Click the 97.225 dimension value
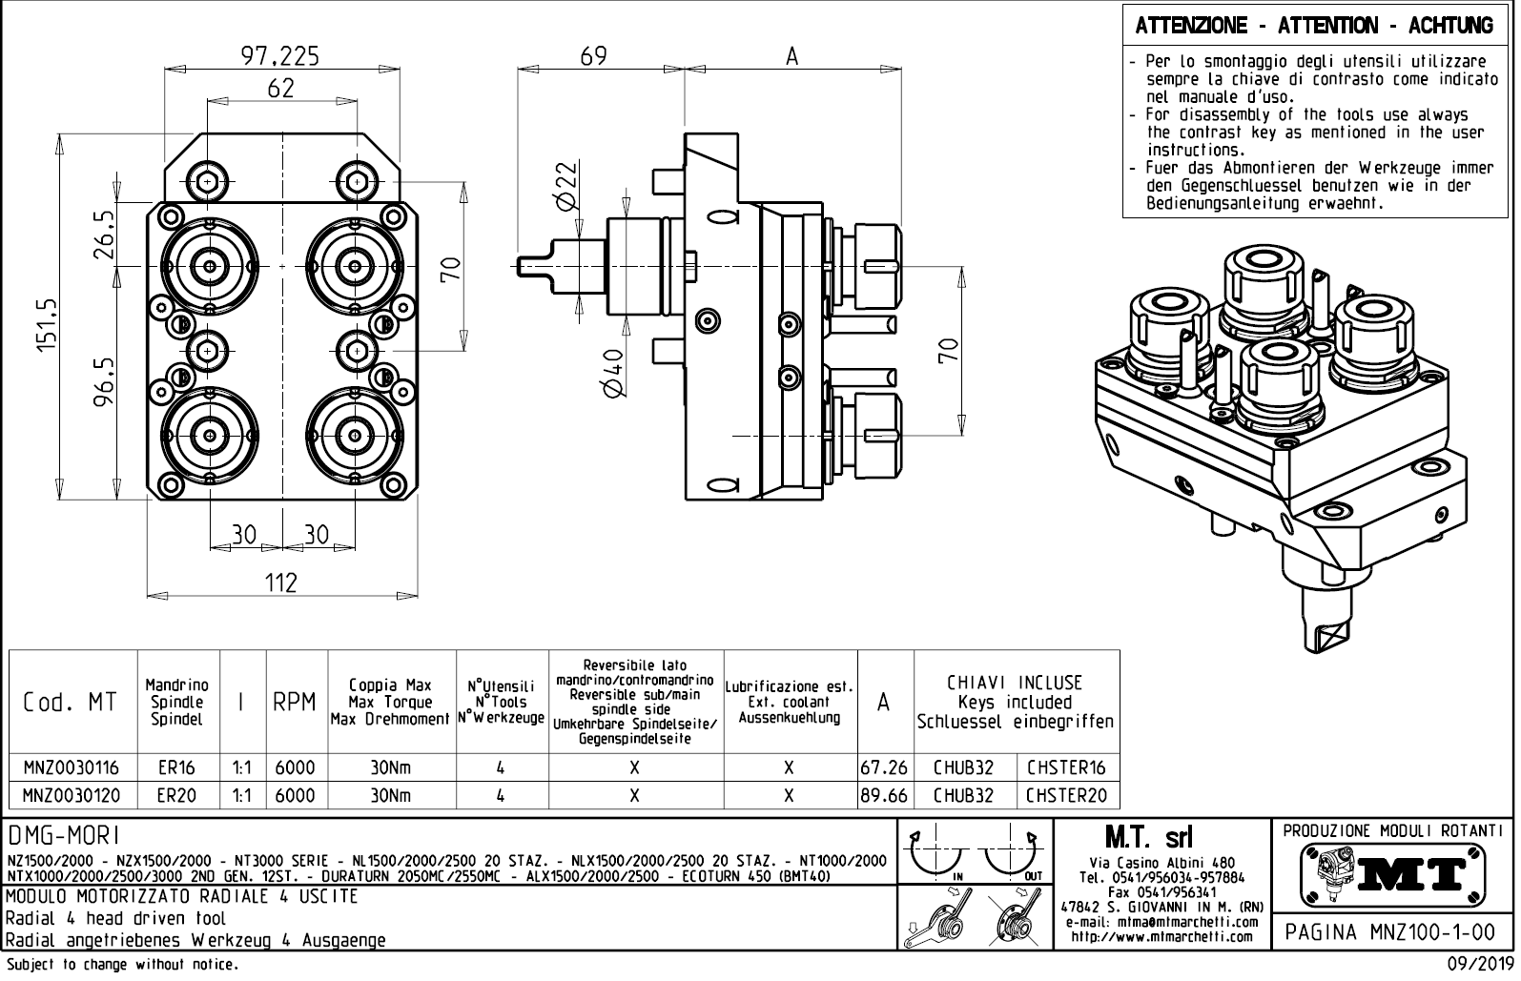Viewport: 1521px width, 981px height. [x=279, y=56]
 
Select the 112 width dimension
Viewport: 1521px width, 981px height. [x=281, y=582]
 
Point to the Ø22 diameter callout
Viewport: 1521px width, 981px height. [x=565, y=185]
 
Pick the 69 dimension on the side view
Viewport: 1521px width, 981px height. [x=593, y=56]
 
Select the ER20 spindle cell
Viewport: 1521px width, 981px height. [x=178, y=795]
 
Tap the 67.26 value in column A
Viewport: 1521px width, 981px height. [x=883, y=767]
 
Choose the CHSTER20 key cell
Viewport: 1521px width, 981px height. [x=1066, y=795]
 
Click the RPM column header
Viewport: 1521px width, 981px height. [x=294, y=704]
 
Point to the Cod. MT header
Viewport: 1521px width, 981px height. [x=71, y=704]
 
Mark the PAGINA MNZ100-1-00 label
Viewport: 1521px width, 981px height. [x=1392, y=931]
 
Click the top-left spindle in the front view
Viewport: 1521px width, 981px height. [x=207, y=263]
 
